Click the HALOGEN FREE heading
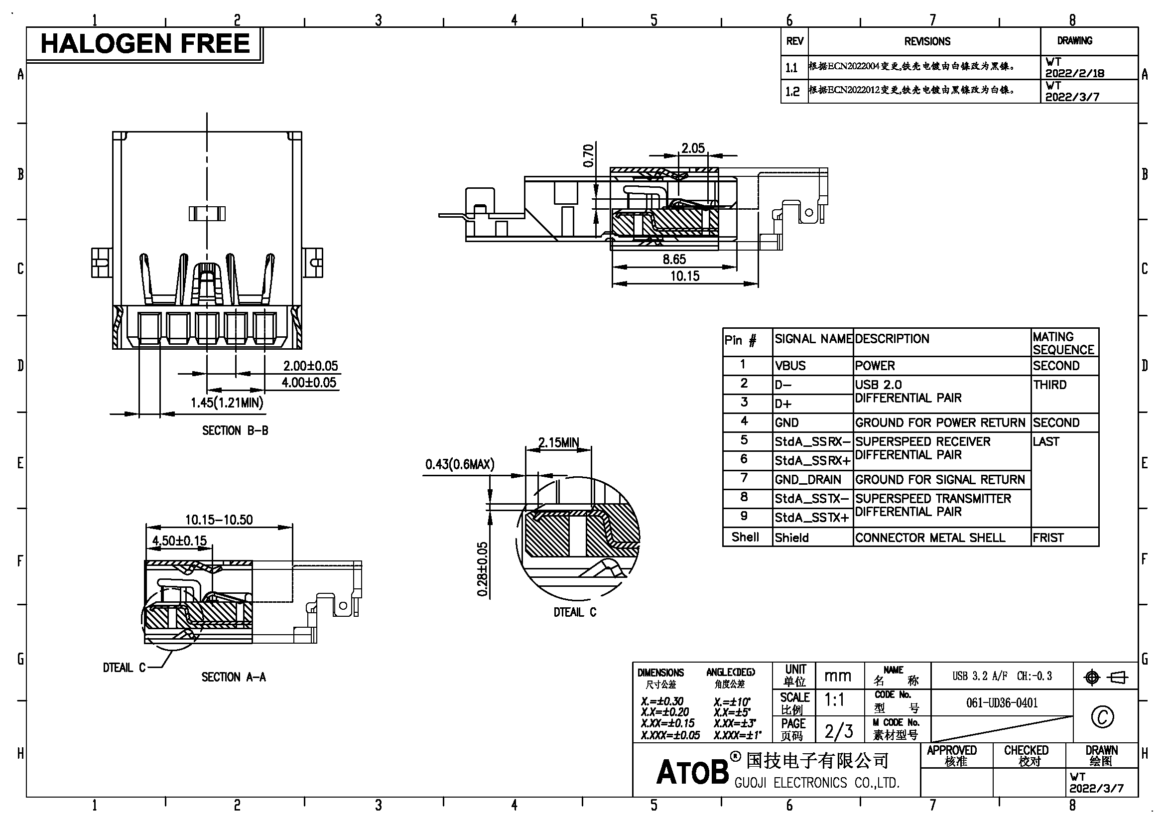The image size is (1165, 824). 144,44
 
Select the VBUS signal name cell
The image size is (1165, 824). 790,366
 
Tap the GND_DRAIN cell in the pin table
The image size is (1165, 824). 807,479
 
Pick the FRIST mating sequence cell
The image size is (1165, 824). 1048,538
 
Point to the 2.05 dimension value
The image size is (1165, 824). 693,148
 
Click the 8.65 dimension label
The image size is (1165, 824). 674,259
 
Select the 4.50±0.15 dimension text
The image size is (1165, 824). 180,541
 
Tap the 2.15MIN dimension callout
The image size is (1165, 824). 558,442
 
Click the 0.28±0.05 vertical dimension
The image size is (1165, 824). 482,569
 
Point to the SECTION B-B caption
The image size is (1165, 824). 235,431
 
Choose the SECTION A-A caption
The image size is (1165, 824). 234,677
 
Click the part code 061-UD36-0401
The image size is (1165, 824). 1002,703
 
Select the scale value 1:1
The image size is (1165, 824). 835,700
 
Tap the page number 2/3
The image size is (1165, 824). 838,731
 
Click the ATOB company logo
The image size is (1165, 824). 692,772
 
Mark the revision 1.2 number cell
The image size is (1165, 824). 792,91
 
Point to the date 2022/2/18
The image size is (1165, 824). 1075,73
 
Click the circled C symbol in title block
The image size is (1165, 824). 1102,717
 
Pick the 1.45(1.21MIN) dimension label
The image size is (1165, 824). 227,403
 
